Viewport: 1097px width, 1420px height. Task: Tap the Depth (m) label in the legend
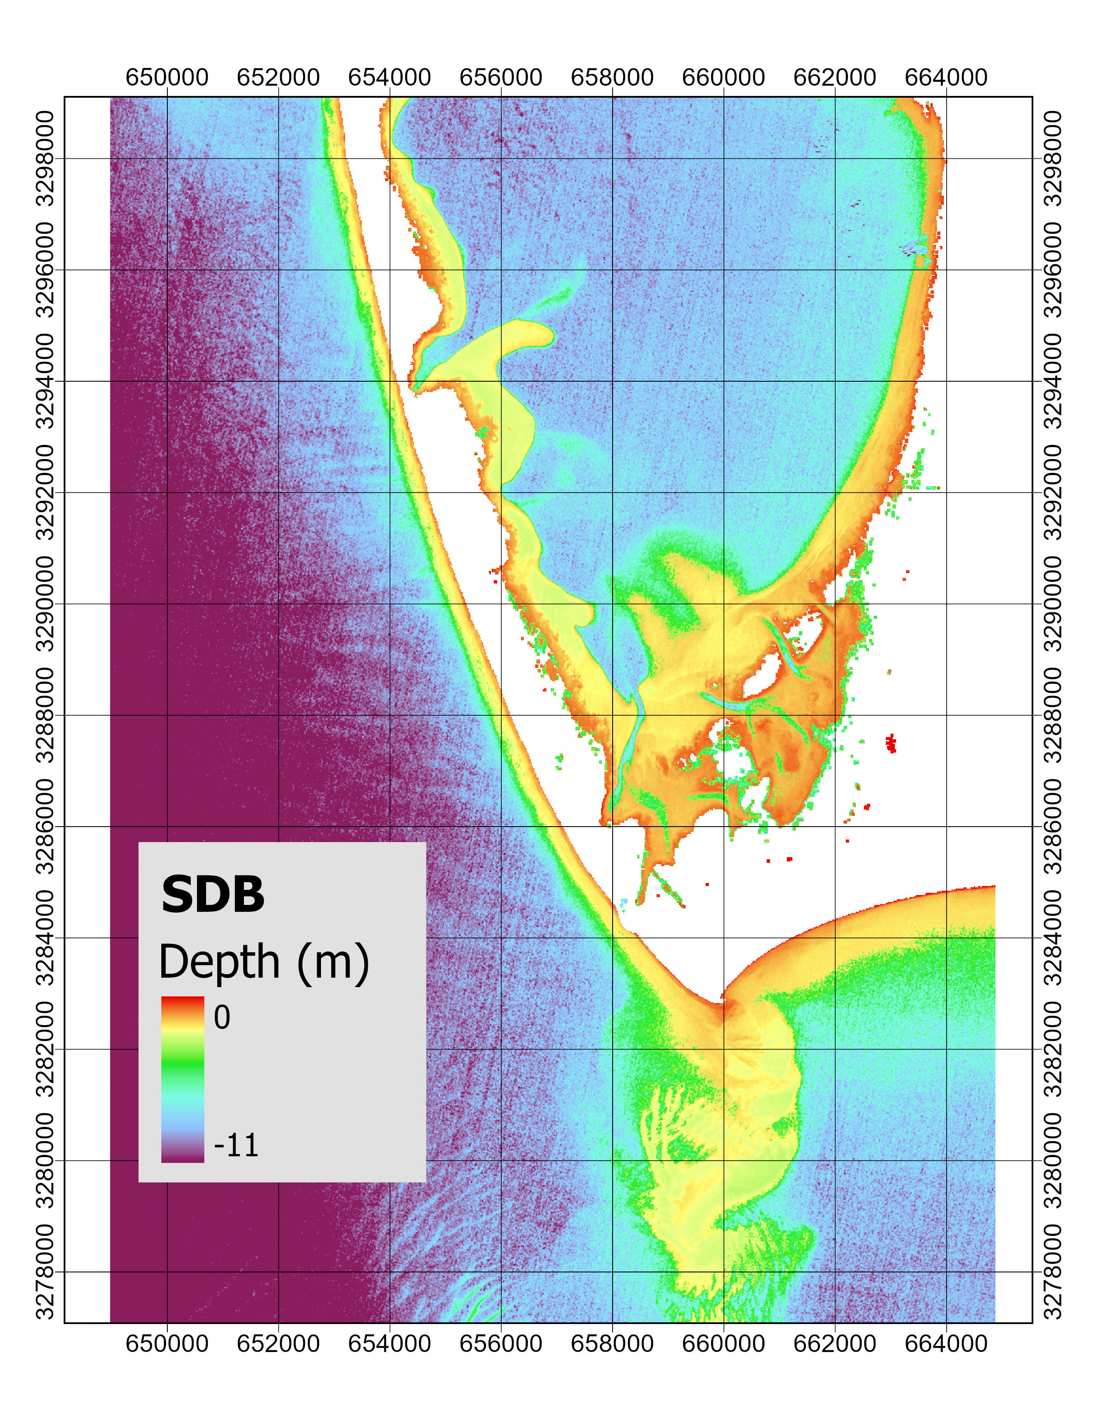(x=264, y=961)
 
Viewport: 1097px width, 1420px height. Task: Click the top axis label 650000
(x=167, y=77)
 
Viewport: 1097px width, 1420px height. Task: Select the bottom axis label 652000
(x=278, y=1343)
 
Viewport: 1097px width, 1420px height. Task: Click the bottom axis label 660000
(x=723, y=1343)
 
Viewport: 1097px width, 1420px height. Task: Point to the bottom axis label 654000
(x=390, y=1343)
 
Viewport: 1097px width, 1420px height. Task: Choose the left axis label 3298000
(x=46, y=158)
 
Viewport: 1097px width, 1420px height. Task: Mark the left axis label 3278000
(x=46, y=1272)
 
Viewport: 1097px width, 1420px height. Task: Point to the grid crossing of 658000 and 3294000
(x=612, y=381)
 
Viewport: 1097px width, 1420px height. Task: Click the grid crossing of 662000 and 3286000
(x=835, y=826)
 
